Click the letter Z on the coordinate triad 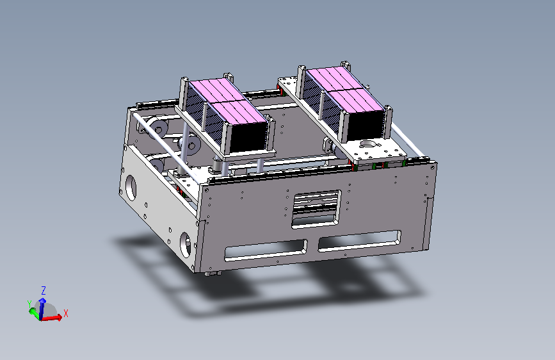click(x=44, y=291)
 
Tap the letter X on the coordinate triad click(x=65, y=313)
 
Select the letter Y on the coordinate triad click(x=29, y=304)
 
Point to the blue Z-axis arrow click(x=42, y=309)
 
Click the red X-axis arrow click(x=52, y=318)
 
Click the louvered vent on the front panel click(x=316, y=209)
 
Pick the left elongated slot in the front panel click(x=266, y=250)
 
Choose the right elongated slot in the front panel click(x=359, y=241)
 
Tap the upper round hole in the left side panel click(x=131, y=188)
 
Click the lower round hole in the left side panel click(x=185, y=245)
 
